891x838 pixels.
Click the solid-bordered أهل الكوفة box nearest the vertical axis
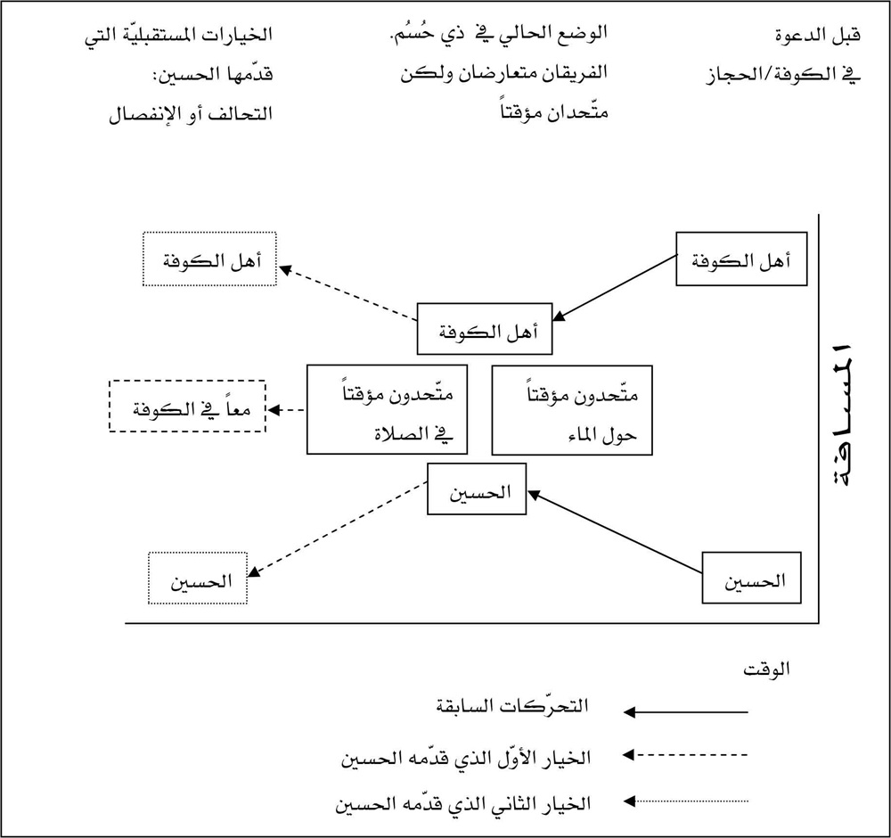click(740, 259)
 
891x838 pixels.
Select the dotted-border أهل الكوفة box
click(209, 259)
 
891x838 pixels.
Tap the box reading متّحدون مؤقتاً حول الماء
click(571, 410)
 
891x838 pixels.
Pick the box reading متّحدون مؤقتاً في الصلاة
click(387, 410)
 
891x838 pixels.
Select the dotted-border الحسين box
click(198, 579)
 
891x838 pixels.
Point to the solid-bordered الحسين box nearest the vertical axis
click(751, 579)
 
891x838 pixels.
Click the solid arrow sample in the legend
click(686, 712)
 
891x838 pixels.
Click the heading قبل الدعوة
click(813, 37)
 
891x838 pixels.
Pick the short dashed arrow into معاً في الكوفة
click(287, 410)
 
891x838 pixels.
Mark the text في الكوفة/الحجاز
click(778, 76)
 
